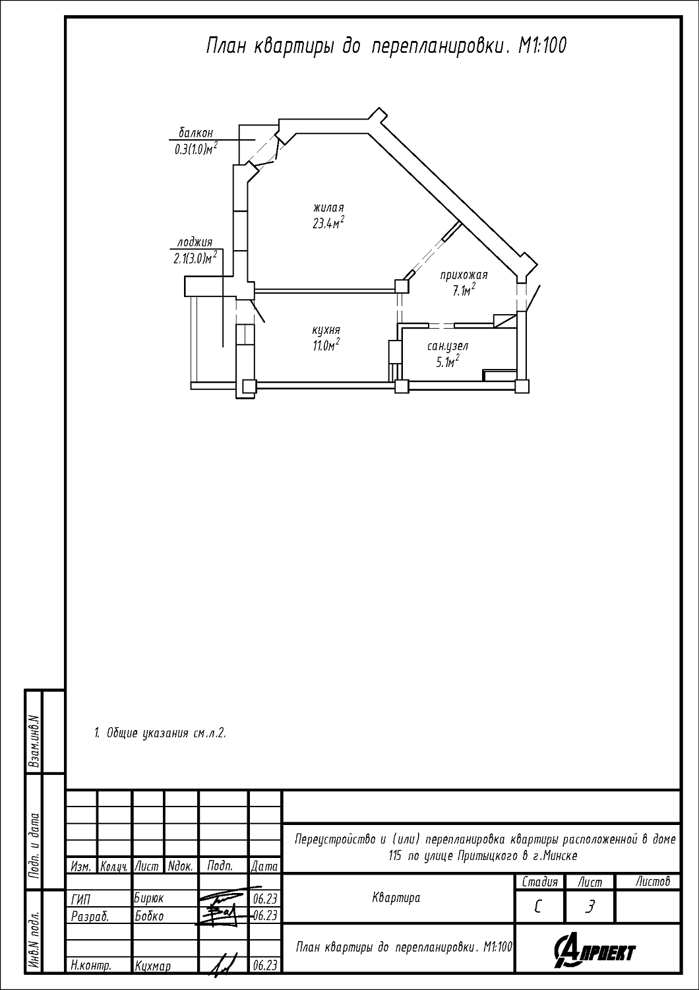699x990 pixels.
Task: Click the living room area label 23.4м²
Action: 328,222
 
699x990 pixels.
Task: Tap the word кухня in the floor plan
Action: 326,330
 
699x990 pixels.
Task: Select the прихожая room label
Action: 464,275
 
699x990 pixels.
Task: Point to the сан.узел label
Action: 448,346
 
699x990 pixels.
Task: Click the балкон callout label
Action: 196,132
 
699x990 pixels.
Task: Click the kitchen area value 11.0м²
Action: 326,345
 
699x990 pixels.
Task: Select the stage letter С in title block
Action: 537,906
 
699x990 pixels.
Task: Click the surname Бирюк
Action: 149,898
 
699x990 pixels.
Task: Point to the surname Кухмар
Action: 153,978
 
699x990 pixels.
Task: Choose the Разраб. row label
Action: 90,917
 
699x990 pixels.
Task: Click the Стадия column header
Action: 539,882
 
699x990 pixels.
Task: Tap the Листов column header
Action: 653,881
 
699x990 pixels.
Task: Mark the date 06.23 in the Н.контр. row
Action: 265,977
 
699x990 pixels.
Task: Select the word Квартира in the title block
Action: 396,898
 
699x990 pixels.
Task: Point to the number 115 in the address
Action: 395,856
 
